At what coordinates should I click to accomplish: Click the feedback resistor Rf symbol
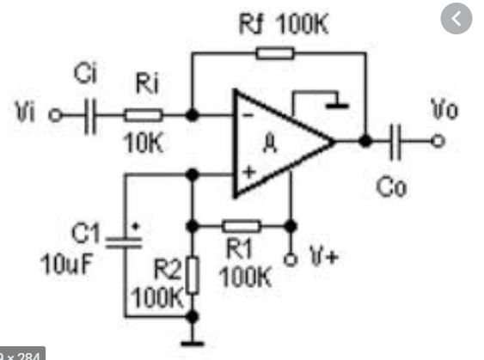point(275,53)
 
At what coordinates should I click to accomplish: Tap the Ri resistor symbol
point(143,115)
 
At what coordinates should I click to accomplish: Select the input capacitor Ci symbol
point(90,117)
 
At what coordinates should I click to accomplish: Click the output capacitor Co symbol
point(395,142)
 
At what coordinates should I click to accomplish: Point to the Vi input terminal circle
point(55,116)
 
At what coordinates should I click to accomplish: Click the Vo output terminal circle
point(438,141)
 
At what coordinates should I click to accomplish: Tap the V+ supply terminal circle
point(291,259)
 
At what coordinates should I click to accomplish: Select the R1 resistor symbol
point(242,226)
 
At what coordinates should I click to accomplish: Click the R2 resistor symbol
point(193,275)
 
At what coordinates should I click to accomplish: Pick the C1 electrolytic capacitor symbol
point(124,242)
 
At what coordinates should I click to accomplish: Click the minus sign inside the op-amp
point(248,116)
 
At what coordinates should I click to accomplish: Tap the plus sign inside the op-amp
point(248,172)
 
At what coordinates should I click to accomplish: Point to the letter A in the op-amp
point(270,144)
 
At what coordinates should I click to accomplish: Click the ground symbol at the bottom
point(193,344)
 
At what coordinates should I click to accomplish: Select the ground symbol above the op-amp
point(337,106)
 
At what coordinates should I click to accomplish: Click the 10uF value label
point(66,264)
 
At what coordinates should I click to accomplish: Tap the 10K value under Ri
point(143,143)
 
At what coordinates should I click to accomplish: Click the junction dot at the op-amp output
point(365,141)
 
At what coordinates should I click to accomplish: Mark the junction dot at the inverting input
point(192,115)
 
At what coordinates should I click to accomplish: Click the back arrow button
point(456,19)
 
